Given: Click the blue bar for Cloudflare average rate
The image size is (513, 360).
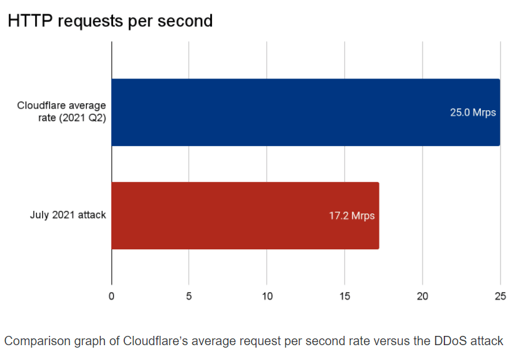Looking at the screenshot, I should [x=305, y=112].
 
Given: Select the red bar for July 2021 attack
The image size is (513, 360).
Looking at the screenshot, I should [x=245, y=215].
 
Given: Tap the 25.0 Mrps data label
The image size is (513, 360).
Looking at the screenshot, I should [x=473, y=113].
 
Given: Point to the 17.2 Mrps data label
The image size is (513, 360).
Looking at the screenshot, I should [x=352, y=216].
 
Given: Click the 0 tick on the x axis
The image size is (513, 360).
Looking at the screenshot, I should [x=111, y=296].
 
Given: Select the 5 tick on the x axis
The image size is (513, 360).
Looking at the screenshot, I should [x=189, y=296].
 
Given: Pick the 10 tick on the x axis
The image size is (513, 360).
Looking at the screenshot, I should [x=266, y=296].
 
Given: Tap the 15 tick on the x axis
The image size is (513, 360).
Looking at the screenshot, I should [x=344, y=296].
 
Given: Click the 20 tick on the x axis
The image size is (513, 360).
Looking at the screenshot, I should [x=422, y=296].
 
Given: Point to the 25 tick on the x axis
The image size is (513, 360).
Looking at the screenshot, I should [x=499, y=296].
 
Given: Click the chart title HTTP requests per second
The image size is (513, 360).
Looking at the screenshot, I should [x=110, y=21].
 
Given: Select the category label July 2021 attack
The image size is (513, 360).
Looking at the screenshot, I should [x=68, y=215].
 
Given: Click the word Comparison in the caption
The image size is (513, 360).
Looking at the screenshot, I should [x=35, y=341].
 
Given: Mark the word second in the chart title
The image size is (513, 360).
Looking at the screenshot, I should [x=185, y=21].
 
